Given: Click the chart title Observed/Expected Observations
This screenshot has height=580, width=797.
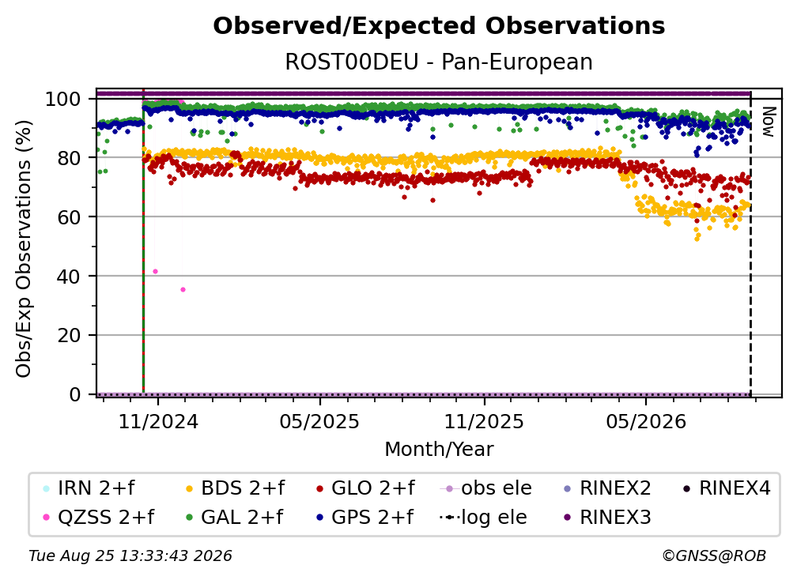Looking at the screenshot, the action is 439,26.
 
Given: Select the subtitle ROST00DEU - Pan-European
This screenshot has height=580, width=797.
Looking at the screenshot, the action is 439,62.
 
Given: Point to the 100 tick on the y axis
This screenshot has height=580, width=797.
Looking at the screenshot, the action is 63,99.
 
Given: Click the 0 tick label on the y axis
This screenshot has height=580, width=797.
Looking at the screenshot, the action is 75,394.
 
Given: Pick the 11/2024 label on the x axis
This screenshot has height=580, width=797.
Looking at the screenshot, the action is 158,421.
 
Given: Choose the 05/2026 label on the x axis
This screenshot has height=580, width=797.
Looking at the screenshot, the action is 646,421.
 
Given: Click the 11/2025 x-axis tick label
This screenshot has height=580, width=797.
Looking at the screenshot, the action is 484,421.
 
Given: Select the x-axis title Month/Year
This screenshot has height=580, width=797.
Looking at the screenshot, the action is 439,450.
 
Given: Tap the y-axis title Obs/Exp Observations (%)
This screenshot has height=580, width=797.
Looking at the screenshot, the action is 24,249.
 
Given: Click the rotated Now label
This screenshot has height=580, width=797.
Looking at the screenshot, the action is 768,122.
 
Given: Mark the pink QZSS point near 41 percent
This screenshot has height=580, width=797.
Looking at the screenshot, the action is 155,272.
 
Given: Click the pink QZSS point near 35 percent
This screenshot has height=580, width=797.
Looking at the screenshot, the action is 183,290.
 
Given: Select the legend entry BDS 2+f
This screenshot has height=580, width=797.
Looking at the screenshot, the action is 236,488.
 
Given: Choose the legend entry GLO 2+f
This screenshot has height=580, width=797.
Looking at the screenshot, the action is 365,488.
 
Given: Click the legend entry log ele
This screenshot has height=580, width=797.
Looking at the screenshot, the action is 483,518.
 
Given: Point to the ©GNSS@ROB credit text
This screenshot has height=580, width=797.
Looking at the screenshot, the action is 714,556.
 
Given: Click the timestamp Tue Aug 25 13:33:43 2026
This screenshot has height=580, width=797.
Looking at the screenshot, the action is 130,556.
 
